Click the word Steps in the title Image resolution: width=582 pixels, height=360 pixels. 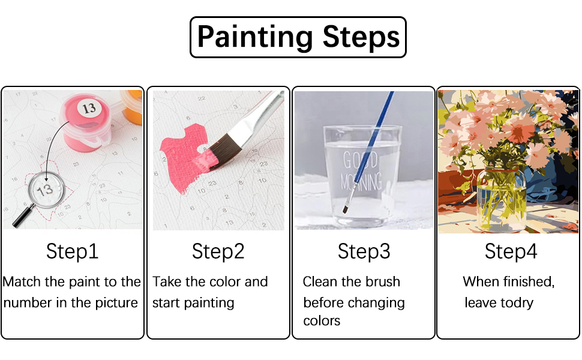pos(361,37)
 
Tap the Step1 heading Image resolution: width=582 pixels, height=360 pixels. pos(72,251)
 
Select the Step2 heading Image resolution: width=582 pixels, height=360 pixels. pos(218,251)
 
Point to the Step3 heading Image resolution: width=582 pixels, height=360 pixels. pos(364,251)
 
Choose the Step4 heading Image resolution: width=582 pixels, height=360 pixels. pos(511,251)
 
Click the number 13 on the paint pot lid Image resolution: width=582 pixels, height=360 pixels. pos(89,109)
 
